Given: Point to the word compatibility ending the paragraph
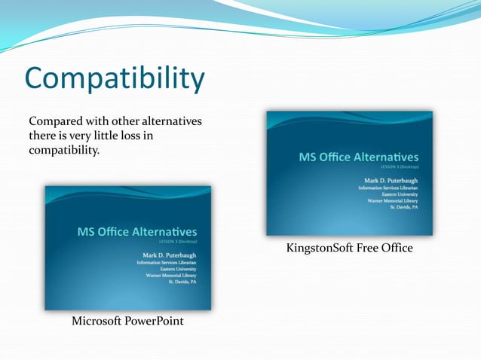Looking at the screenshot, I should pyautogui.click(x=64, y=151).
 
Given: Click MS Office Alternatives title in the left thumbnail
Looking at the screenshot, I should pyautogui.click(x=136, y=232).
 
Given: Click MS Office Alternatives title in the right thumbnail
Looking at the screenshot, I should pyautogui.click(x=358, y=157).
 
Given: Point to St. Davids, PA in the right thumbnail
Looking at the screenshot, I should pyautogui.click(x=404, y=207).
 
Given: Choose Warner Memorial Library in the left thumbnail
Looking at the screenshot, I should pyautogui.click(x=171, y=276).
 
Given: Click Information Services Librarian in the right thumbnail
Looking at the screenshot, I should pyautogui.click(x=388, y=188).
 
